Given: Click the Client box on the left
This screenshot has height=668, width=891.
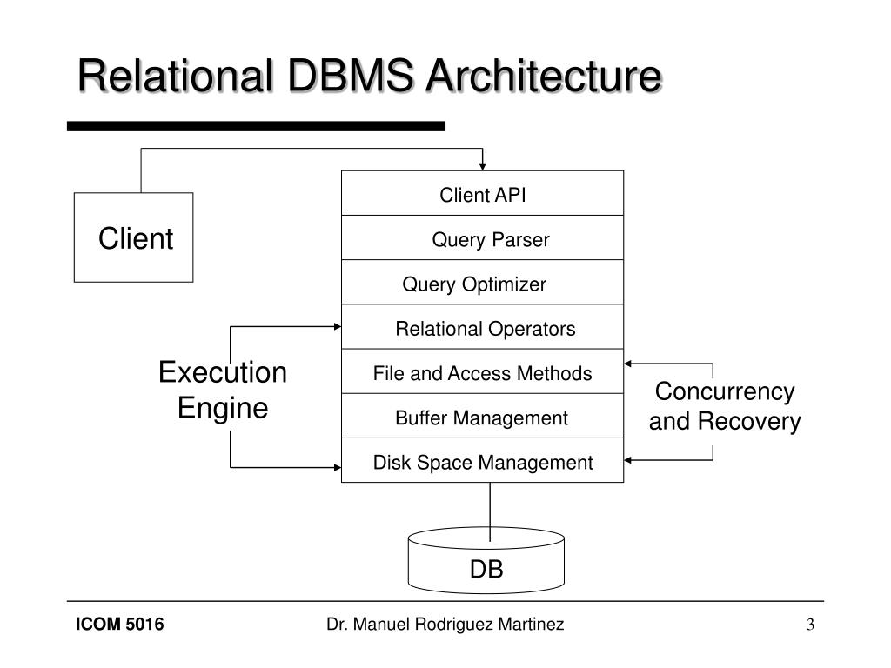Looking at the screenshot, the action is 133,237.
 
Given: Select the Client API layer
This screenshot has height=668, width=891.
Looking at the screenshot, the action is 482,193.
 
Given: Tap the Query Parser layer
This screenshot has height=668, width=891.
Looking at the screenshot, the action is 482,237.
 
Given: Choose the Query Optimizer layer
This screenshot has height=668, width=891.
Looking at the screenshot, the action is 482,283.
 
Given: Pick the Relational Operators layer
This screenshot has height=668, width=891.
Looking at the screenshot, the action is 482,327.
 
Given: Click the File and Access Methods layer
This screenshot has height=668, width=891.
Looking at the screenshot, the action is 482,371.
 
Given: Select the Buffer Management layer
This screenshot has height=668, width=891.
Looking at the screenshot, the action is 482,416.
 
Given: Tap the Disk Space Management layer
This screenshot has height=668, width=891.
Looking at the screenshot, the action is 482,461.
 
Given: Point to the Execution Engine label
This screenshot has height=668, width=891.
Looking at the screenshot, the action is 223,390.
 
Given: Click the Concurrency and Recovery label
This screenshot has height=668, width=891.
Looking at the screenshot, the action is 725,406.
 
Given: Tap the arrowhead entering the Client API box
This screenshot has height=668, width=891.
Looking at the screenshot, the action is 482,166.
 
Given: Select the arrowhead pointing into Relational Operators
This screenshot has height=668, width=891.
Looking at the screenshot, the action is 338,327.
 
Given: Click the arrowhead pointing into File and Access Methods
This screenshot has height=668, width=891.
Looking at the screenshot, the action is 628,364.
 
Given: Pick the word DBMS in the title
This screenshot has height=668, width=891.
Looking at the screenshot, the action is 351,76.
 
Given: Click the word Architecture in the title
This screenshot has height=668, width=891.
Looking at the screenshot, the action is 545,76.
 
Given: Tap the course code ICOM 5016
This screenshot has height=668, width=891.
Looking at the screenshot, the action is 119,625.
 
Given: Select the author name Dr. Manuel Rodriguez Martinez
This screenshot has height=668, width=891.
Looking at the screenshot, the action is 445,625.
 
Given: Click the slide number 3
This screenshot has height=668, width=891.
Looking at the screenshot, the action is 810,625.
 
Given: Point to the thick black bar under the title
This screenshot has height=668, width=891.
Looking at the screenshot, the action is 257,126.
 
